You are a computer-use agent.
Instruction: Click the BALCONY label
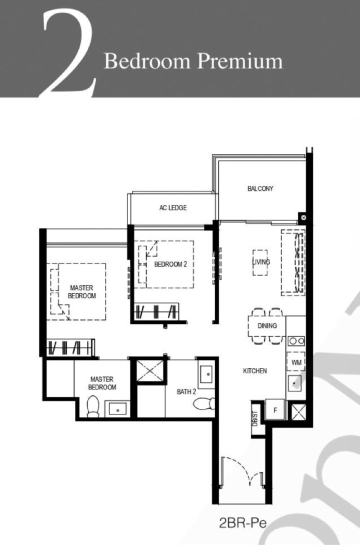coord(260,188)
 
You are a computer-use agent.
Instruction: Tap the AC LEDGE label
coord(173,208)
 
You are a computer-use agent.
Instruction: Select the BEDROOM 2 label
coord(171,264)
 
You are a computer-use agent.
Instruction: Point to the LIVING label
coord(261,262)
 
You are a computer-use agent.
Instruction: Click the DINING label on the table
coord(267,326)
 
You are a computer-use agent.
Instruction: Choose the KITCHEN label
coord(255,371)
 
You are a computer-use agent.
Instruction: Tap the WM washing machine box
coord(296,362)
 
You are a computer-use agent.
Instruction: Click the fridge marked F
coord(275,410)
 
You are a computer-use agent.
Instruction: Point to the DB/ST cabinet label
coord(255,419)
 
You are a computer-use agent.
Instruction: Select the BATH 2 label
coord(186,392)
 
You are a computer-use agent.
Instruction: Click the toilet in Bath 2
coord(204,404)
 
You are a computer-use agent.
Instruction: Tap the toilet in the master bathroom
coord(93,406)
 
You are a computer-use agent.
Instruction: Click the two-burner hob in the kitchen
coord(296,341)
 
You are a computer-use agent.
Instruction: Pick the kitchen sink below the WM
coord(295,383)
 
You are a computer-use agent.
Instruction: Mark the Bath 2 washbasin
coord(206,375)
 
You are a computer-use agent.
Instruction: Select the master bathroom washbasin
coord(117,408)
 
